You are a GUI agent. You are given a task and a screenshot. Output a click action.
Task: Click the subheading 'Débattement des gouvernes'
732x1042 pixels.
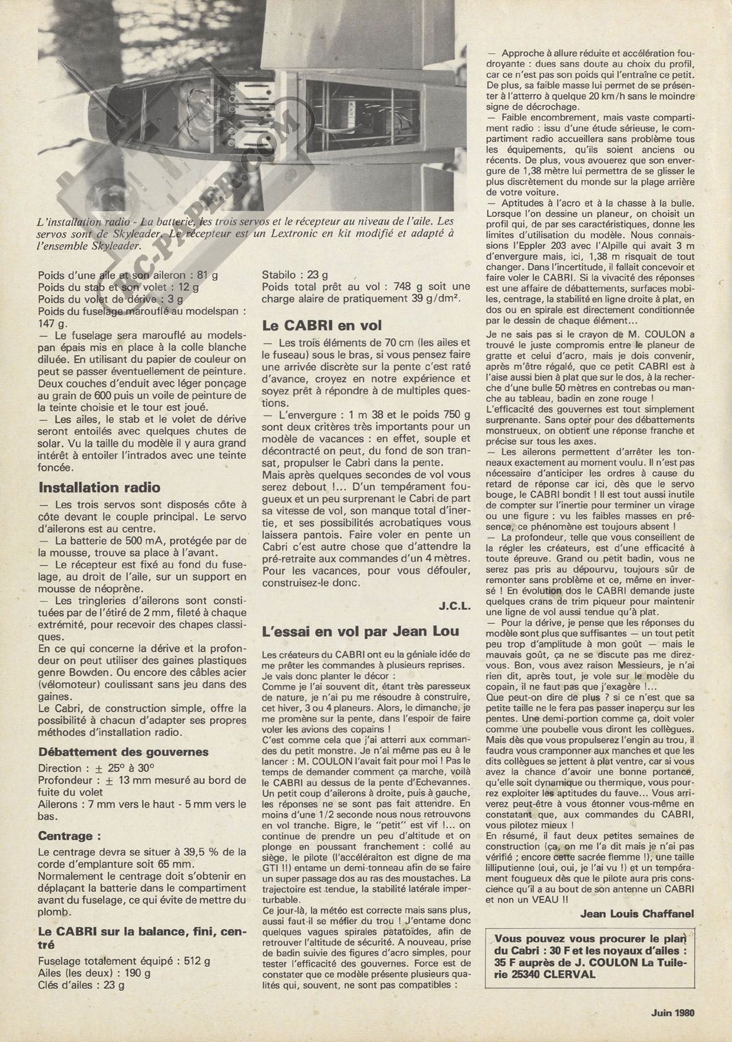(x=123, y=752)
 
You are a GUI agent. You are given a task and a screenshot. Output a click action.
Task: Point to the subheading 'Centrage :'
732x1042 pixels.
(x=69, y=836)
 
